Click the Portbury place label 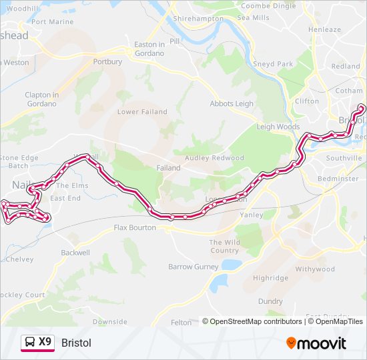(x=108, y=62)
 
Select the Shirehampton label (x=198, y=19)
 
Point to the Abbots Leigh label (x=232, y=104)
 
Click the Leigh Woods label (x=278, y=127)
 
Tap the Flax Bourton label (x=135, y=228)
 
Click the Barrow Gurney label (x=194, y=267)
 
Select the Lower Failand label (x=142, y=112)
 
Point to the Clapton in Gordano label (x=42, y=99)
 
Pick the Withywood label (x=315, y=269)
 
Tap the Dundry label (x=270, y=301)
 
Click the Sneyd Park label (x=273, y=64)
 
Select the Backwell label (x=75, y=253)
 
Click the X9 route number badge (x=45, y=342)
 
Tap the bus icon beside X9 (x=30, y=343)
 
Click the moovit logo (x=316, y=343)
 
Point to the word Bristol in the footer (x=76, y=343)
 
